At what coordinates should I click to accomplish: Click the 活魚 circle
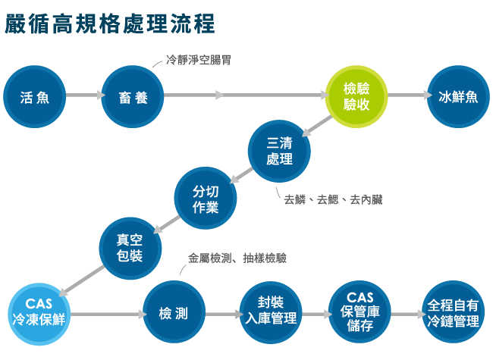36,96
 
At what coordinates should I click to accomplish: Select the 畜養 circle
133,96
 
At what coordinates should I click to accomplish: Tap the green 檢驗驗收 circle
357,96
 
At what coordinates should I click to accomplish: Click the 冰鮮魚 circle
458,96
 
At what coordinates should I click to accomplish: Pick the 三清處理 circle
279,151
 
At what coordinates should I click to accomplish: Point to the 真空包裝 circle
130,247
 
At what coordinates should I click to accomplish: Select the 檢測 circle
174,313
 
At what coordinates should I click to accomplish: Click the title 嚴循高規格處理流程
111,23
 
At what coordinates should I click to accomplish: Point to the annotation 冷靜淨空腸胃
199,61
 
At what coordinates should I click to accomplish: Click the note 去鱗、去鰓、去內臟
333,199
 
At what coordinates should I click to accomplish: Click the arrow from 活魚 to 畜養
84,95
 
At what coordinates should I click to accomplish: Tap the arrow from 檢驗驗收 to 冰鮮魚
407,95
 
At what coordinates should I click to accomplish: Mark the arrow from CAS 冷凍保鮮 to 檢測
106,313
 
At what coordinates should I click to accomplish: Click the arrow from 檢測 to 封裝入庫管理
222,313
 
